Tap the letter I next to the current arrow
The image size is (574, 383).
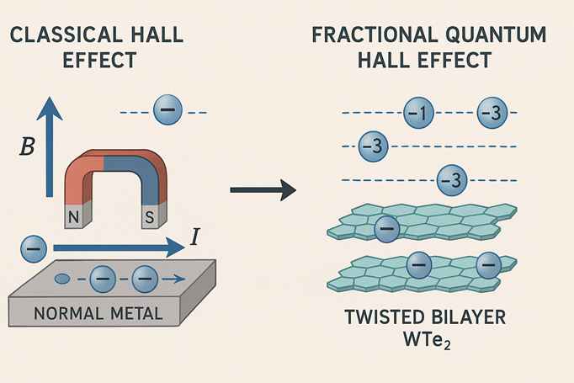point(195,238)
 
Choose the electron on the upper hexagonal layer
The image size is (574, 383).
point(387,228)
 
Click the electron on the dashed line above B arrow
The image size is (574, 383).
point(166,111)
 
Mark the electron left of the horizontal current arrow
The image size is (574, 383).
point(33,249)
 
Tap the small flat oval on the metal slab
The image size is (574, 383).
point(63,279)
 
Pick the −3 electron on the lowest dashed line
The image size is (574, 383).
point(452,179)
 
